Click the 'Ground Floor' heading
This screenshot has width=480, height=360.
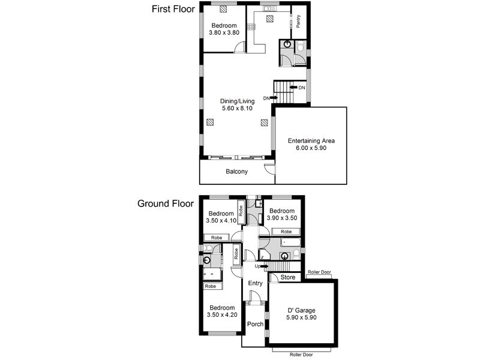click(166, 203)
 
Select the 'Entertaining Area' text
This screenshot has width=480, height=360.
click(311, 141)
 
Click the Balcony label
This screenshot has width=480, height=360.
click(236, 172)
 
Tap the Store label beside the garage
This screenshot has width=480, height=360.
click(287, 277)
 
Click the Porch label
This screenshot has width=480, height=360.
click(256, 324)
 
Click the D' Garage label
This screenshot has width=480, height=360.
click(302, 310)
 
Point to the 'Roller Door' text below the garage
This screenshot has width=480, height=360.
click(301, 355)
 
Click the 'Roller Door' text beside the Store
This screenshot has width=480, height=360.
click(319, 272)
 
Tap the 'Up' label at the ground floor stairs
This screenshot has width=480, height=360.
click(257, 266)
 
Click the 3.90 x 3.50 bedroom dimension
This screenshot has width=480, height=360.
click(282, 219)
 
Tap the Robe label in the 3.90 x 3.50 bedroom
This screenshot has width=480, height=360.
click(286, 232)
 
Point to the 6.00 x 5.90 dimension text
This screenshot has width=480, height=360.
click(311, 148)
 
